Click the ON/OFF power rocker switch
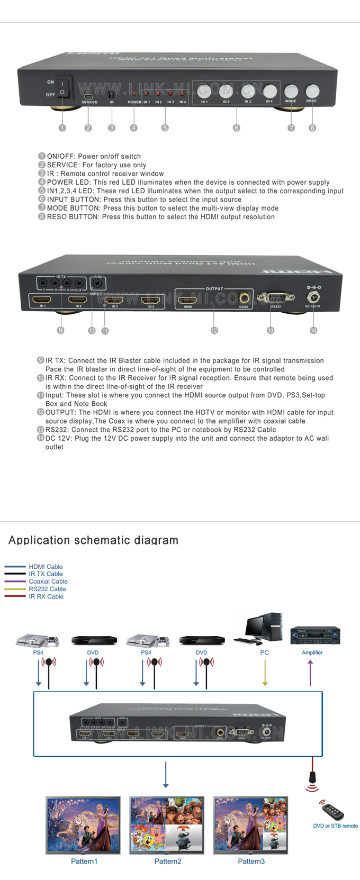(x=62, y=88)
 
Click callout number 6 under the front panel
(x=237, y=128)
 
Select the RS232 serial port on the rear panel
(x=275, y=298)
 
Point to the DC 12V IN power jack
(x=312, y=297)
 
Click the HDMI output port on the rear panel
(x=188, y=300)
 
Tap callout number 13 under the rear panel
(x=271, y=330)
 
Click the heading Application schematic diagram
(x=93, y=540)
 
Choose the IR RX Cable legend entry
(x=46, y=596)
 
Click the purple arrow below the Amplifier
(x=310, y=673)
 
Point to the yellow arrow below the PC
(x=265, y=673)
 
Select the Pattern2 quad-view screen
(x=167, y=824)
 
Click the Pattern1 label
(x=84, y=861)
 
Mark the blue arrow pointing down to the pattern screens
(x=166, y=775)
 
